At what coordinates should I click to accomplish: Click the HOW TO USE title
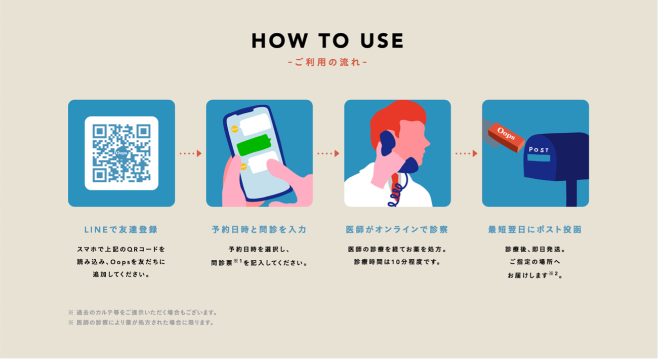[327, 41]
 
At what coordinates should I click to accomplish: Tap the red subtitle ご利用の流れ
[327, 62]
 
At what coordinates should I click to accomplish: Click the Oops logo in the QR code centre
[121, 153]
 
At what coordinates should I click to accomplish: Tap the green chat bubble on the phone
[254, 145]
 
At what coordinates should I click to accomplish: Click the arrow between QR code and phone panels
[191, 153]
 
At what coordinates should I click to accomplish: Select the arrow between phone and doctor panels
[328, 153]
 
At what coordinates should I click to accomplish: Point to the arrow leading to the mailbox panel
[467, 153]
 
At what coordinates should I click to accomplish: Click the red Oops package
[506, 137]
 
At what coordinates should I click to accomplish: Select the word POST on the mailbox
[539, 149]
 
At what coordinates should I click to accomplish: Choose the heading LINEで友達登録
[121, 229]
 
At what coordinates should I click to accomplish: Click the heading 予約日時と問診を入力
[259, 229]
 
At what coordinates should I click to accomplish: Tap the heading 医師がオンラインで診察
[397, 229]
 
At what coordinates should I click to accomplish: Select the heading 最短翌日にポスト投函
[535, 229]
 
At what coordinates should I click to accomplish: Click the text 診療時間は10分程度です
[397, 262]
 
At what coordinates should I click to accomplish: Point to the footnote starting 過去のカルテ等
[144, 312]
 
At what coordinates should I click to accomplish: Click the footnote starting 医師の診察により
[141, 323]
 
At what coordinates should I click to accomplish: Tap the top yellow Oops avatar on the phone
[234, 129]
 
